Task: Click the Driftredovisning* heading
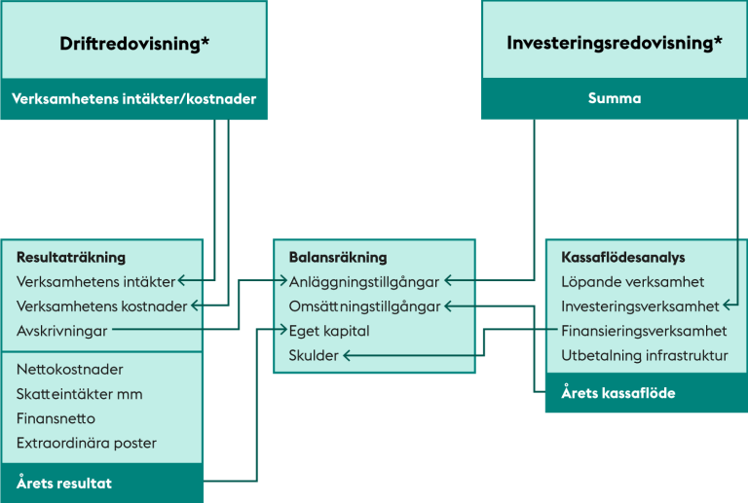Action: pyautogui.click(x=134, y=44)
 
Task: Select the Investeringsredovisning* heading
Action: pyautogui.click(x=615, y=43)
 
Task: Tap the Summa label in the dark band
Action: pyautogui.click(x=615, y=98)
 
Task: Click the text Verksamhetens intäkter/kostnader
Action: pyautogui.click(x=134, y=98)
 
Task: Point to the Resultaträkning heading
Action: pyautogui.click(x=71, y=257)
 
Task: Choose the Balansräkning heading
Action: pyautogui.click(x=338, y=257)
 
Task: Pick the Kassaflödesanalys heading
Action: pyautogui.click(x=623, y=257)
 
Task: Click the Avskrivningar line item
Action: pyautogui.click(x=62, y=331)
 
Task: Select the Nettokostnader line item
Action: pyautogui.click(x=70, y=369)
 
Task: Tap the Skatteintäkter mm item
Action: pyautogui.click(x=79, y=394)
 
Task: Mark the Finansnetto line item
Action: pyautogui.click(x=56, y=418)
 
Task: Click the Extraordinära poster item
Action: pyautogui.click(x=87, y=443)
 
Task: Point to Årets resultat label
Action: pyautogui.click(x=64, y=483)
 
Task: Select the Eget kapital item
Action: pyautogui.click(x=329, y=331)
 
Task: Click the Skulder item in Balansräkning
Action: pyautogui.click(x=314, y=355)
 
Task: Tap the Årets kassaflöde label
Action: pyautogui.click(x=618, y=393)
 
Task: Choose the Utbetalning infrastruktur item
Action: pyautogui.click(x=645, y=355)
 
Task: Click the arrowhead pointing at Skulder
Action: pyautogui.click(x=347, y=355)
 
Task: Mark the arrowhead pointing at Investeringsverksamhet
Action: pyautogui.click(x=726, y=305)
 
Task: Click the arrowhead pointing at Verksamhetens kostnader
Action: pyautogui.click(x=195, y=305)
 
